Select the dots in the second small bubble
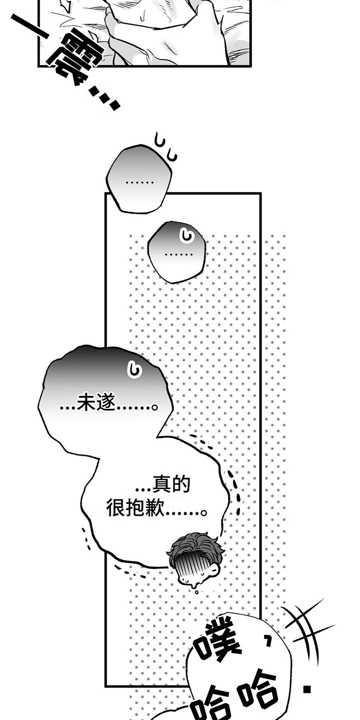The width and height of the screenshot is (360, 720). (x=178, y=254)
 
